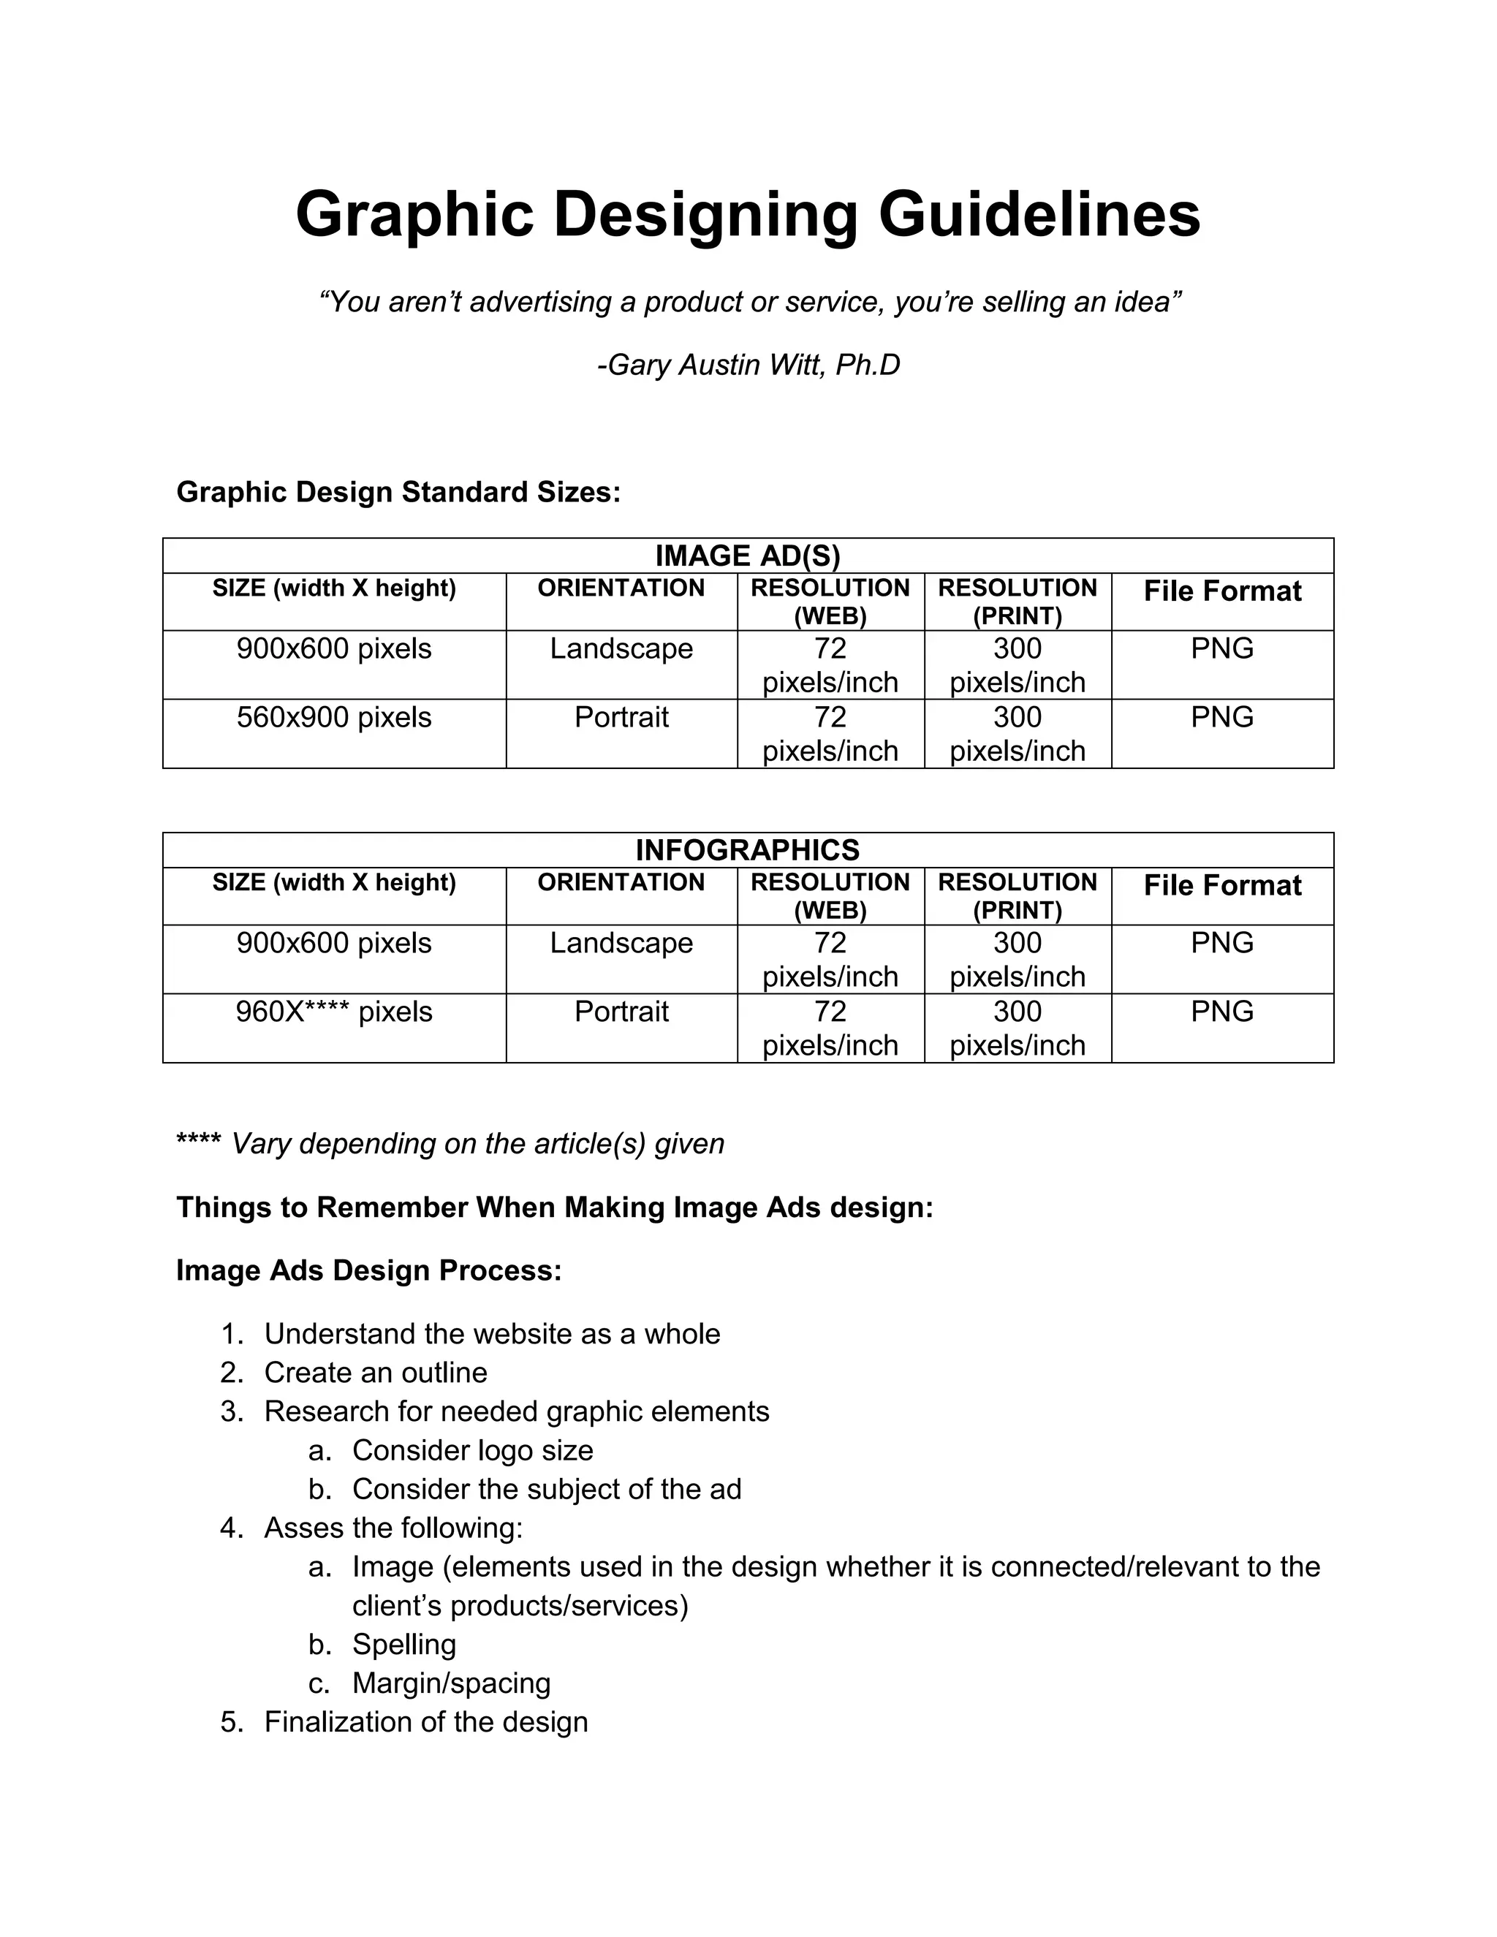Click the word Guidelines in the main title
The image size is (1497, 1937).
pyautogui.click(x=1039, y=215)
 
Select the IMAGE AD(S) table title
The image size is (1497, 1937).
pyautogui.click(x=747, y=556)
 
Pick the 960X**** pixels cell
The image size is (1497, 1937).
pyautogui.click(x=333, y=1011)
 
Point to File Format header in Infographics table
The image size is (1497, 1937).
pyautogui.click(x=1221, y=885)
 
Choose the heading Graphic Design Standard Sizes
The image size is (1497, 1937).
pyautogui.click(x=398, y=491)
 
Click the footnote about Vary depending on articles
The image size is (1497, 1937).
pyautogui.click(x=450, y=1143)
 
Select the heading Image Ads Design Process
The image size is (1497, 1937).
pyautogui.click(x=368, y=1270)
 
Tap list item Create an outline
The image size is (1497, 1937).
pyautogui.click(x=375, y=1372)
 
